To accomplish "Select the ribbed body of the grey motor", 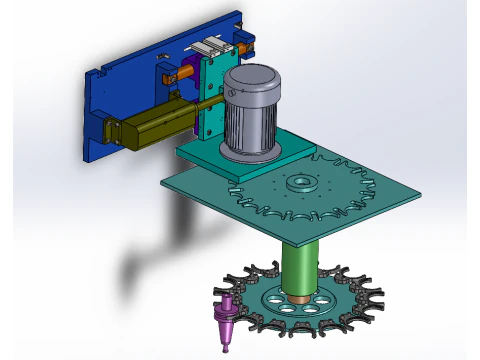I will pyautogui.click(x=250, y=125).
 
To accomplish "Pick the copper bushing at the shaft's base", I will pyautogui.click(x=300, y=298).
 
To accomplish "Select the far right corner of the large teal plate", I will pyautogui.click(x=418, y=191).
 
